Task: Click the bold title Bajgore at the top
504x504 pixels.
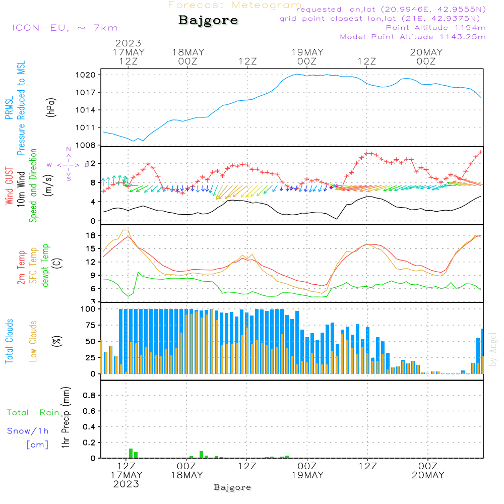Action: pyautogui.click(x=208, y=21)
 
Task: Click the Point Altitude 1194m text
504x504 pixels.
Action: pyautogui.click(x=435, y=28)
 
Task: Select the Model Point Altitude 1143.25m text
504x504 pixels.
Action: pyautogui.click(x=413, y=37)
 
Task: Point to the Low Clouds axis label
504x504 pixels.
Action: pyautogui.click(x=33, y=341)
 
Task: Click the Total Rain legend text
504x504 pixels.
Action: pyautogui.click(x=33, y=412)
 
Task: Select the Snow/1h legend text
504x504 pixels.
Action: pyautogui.click(x=28, y=431)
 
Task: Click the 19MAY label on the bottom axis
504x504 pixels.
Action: pyautogui.click(x=307, y=475)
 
